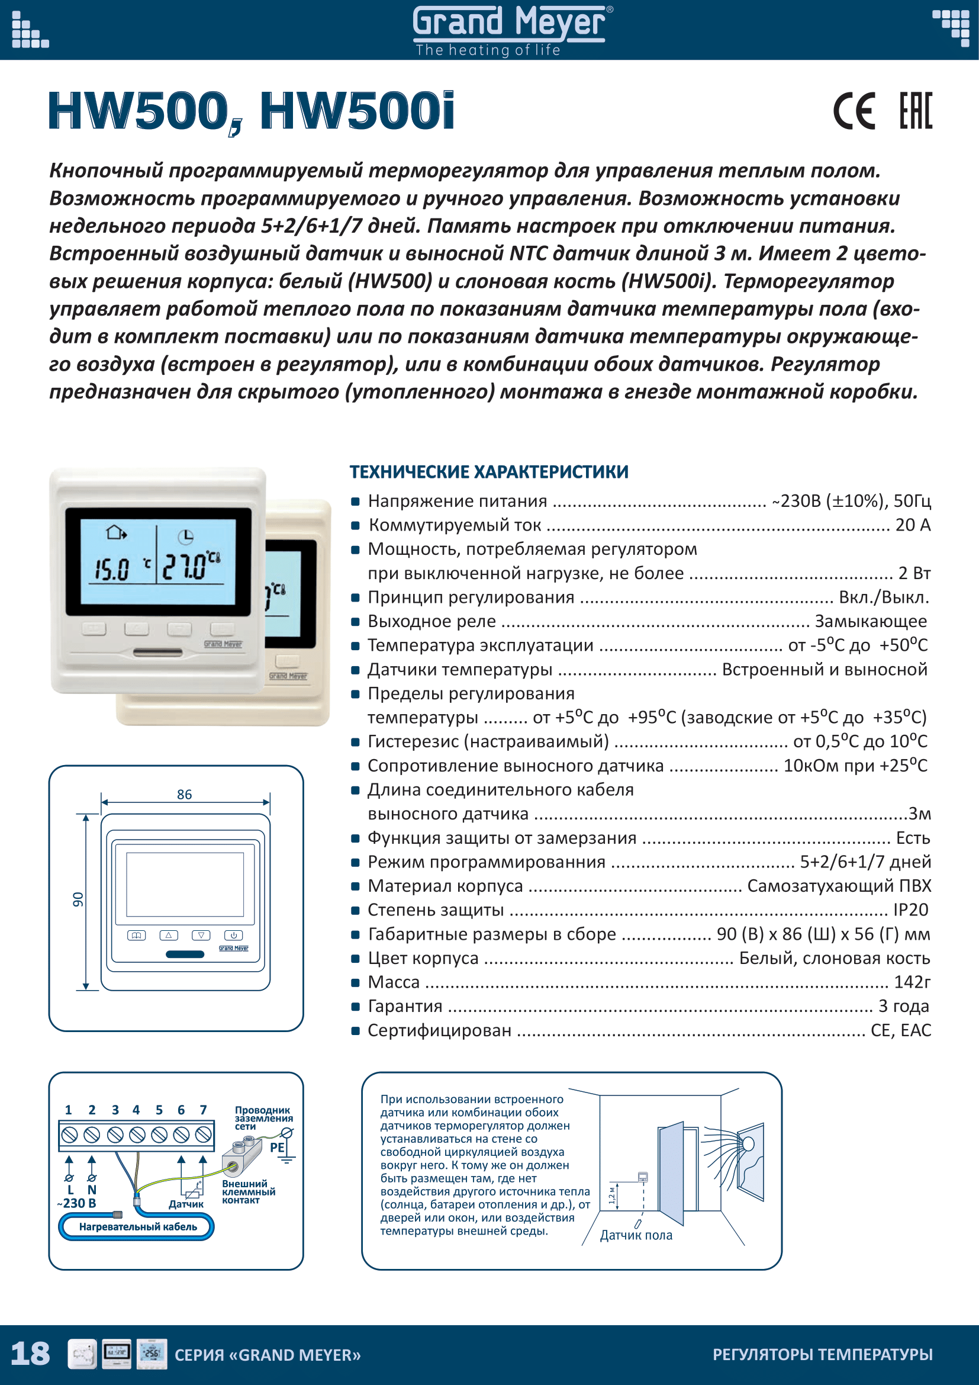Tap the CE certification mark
coord(854,111)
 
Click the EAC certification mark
coord(916,111)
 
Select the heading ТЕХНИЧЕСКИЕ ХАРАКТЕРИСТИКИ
coord(489,472)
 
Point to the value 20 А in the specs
coord(913,525)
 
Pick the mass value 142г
coord(912,982)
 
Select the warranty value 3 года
coord(904,1006)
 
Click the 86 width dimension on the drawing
coord(185,795)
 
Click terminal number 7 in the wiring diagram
coord(203,1110)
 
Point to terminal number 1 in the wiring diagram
coord(68,1110)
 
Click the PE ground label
coord(276,1148)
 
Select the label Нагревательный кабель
coord(138,1226)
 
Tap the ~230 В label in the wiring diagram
coord(77,1203)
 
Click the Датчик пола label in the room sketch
coord(636,1235)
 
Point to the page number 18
coord(30,1354)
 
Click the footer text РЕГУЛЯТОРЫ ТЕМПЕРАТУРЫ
coord(822,1354)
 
